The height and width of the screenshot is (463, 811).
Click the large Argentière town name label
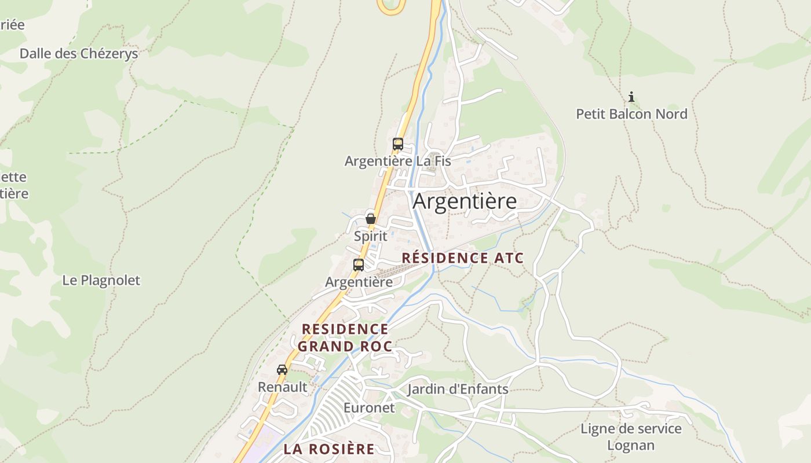point(465,201)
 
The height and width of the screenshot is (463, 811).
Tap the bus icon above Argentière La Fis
point(397,144)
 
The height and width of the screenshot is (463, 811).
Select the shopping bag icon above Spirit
point(371,219)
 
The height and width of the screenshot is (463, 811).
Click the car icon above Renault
point(282,370)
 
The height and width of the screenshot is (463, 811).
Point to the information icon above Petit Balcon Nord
point(631,97)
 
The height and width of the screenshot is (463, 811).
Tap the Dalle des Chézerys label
point(79,54)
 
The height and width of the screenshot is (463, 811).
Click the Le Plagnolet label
point(101,280)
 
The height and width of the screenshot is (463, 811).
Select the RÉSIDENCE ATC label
point(462,258)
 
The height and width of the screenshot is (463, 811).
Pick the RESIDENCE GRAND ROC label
point(345,338)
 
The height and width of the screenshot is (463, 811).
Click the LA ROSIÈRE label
point(329,449)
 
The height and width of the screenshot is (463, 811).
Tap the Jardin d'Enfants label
point(458,389)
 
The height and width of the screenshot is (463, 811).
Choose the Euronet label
point(369,407)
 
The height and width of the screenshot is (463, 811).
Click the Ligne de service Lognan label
point(631,437)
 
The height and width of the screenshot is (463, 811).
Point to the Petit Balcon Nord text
point(631,114)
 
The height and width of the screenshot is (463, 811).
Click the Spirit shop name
point(371,236)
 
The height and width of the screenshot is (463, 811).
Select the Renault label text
point(283,387)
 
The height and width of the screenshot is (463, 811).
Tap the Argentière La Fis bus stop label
point(397,161)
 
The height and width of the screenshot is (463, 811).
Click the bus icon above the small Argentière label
point(359,265)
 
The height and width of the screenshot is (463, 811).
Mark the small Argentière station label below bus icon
point(359,282)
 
